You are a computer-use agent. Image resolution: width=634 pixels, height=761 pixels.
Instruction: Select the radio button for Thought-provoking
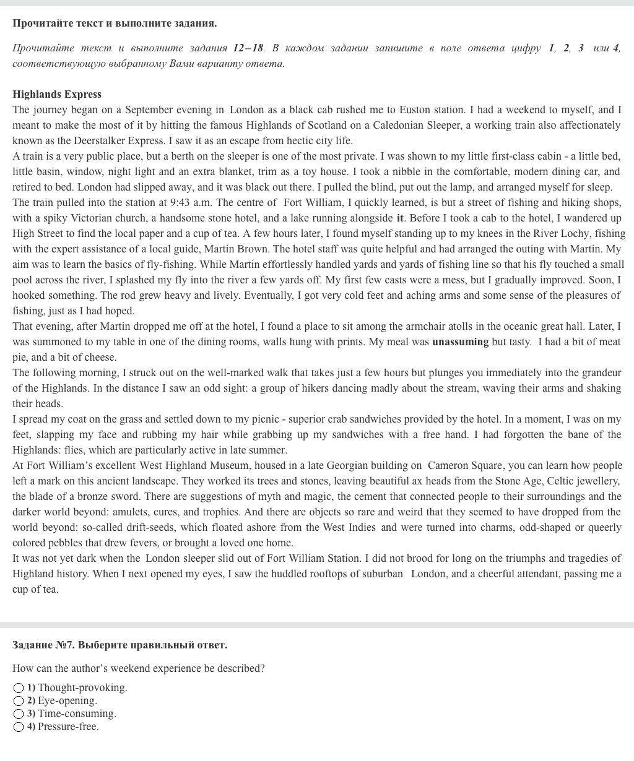tap(19, 688)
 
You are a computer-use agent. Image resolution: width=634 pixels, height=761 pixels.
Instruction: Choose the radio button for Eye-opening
tap(19, 701)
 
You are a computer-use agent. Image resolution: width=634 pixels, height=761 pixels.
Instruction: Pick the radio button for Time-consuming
tap(19, 714)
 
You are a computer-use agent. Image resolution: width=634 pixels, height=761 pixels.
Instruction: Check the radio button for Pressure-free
tap(19, 727)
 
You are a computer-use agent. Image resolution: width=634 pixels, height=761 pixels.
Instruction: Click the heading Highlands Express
tap(57, 94)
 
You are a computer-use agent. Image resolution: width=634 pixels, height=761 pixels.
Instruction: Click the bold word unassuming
tap(460, 342)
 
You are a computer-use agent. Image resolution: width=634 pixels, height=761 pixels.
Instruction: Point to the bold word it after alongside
tap(400, 218)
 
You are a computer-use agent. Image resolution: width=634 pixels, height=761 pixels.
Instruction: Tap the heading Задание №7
tap(119, 645)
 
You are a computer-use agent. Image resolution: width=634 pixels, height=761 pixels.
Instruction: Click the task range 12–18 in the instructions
tap(248, 48)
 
